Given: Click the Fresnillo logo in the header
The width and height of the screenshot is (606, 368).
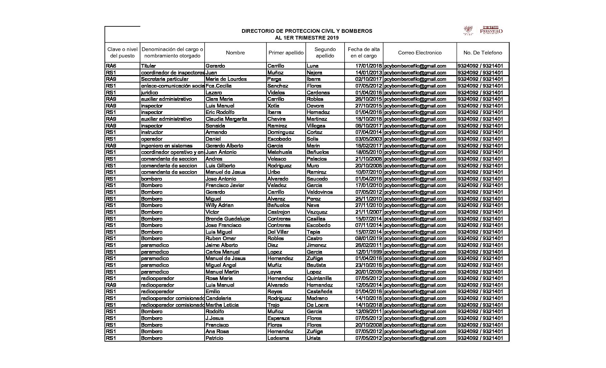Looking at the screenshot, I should tap(491, 30).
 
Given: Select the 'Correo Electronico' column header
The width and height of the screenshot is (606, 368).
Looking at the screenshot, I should tap(420, 53).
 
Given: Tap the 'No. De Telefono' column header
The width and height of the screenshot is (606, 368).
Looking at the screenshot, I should tap(483, 53).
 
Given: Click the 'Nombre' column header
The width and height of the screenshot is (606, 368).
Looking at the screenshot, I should tap(235, 53).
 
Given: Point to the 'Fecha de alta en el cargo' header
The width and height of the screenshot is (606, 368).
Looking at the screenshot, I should tap(364, 53).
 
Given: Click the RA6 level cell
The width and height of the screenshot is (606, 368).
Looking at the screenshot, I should tap(111, 66).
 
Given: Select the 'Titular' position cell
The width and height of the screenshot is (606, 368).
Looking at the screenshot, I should tap(148, 66).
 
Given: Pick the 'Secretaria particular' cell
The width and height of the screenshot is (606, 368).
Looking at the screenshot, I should tap(165, 79).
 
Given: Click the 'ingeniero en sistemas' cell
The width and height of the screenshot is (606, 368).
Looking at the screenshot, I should tap(167, 145).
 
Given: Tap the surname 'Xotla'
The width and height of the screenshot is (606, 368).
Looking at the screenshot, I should tap(273, 106).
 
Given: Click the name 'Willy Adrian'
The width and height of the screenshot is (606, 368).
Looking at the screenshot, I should tap(219, 205).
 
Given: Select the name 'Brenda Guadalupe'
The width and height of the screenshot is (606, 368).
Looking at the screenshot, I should tap(228, 218).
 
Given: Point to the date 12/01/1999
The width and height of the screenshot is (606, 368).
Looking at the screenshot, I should tap(368, 252).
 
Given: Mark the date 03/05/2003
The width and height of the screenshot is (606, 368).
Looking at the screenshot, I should tap(368, 139).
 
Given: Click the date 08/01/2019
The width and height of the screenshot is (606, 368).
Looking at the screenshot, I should tap(368, 238).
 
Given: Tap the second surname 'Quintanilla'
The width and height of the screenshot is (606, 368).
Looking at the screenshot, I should tap(319, 278).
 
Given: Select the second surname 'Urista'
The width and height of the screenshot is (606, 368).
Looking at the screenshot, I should tap(313, 338).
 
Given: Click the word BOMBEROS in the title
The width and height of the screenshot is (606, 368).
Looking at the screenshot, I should tap(357, 31).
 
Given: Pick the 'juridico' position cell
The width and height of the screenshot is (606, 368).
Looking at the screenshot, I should tap(149, 92).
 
